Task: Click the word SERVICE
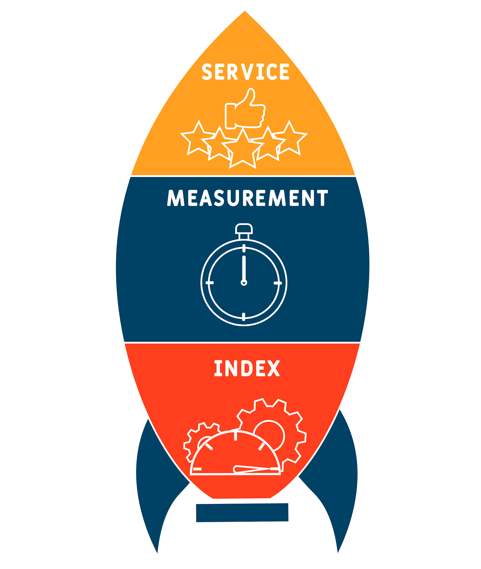pyautogui.click(x=245, y=72)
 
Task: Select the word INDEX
pyautogui.click(x=247, y=368)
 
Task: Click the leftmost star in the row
pyautogui.click(x=198, y=138)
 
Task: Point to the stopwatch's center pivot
pyautogui.click(x=244, y=283)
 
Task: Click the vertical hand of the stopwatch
pyautogui.click(x=244, y=268)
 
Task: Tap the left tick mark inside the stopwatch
pyautogui.click(x=210, y=283)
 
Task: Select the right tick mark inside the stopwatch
pyautogui.click(x=278, y=283)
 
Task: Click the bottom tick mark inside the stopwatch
pyautogui.click(x=244, y=317)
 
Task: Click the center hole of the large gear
pyautogui.click(x=269, y=436)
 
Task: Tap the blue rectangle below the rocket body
pyautogui.click(x=242, y=513)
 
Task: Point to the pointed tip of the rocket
pyautogui.click(x=245, y=11)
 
